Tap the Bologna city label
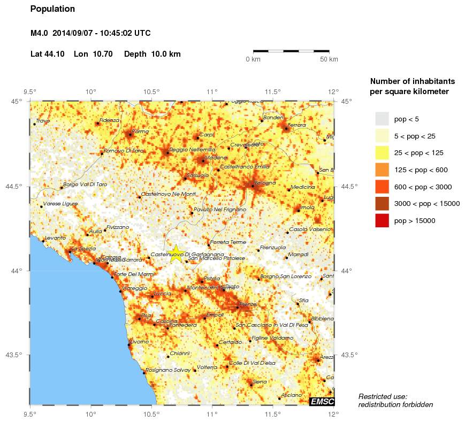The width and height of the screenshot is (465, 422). click(x=264, y=183)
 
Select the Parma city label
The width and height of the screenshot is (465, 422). click(x=140, y=131)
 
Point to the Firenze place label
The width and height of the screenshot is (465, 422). click(x=248, y=304)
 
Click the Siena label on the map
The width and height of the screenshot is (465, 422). click(x=260, y=381)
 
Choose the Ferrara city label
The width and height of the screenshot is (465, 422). click(x=297, y=125)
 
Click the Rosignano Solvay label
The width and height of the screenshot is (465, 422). click(x=168, y=370)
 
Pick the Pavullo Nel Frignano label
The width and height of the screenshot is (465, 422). click(x=218, y=210)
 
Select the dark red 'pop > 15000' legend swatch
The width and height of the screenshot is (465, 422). click(x=382, y=220)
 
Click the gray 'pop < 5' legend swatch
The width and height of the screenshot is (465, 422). click(x=382, y=118)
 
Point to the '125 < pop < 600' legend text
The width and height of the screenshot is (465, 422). click(x=421, y=170)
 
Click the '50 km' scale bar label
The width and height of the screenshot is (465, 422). click(x=329, y=59)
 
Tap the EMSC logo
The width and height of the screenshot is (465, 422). click(x=322, y=401)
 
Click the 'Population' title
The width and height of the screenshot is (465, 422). click(x=53, y=9)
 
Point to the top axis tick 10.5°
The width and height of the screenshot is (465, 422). click(x=151, y=91)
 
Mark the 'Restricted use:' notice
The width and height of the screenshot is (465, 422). click(x=383, y=396)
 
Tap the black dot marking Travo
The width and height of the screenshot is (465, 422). click(x=34, y=124)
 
